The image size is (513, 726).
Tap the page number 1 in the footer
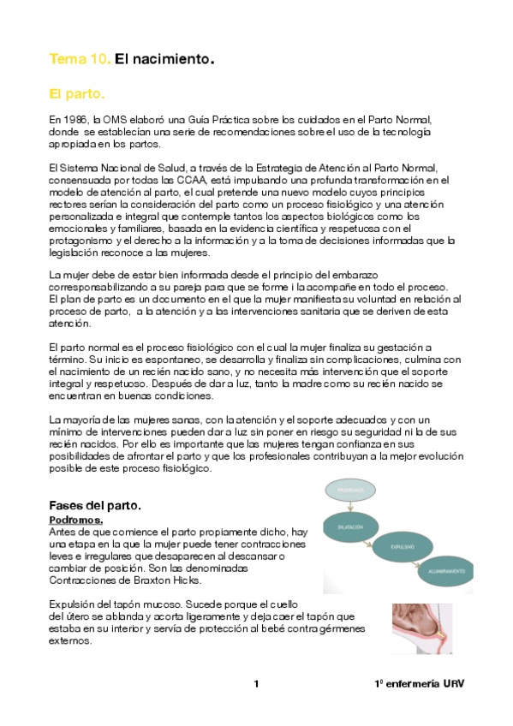[x=256, y=684]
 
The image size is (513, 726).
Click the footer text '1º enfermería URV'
[x=418, y=684]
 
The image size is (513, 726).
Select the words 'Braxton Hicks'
[x=170, y=580]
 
